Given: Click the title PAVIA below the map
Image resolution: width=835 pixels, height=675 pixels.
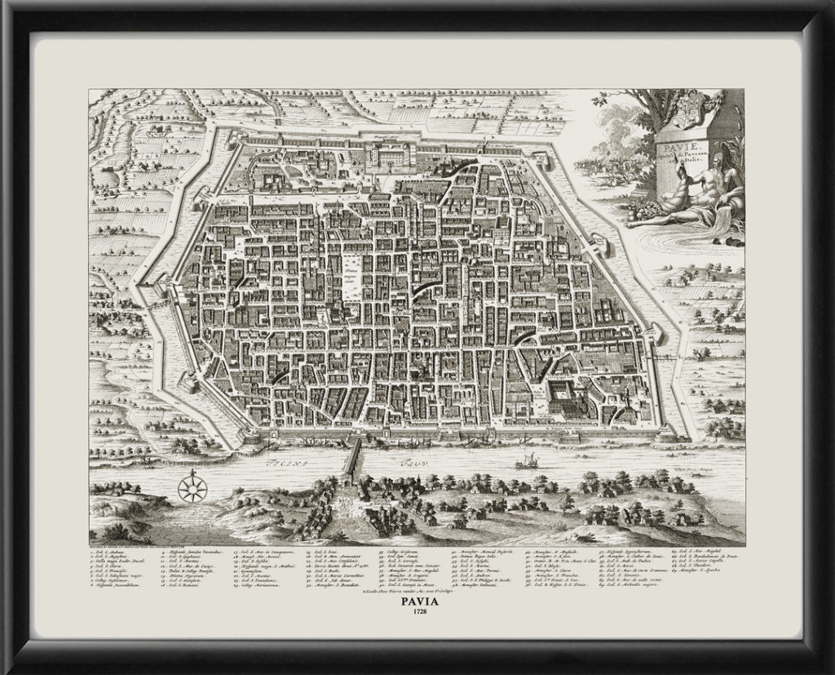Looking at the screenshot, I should point(417,605).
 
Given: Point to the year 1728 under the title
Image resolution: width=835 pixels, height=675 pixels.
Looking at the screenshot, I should point(417,617).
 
